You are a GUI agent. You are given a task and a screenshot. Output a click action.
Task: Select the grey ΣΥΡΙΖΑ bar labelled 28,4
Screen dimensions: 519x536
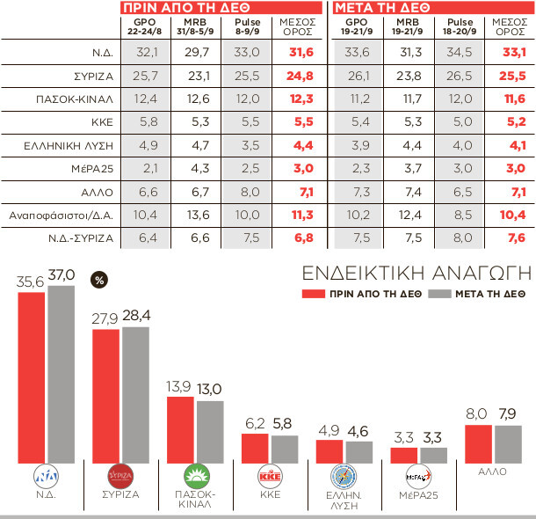pos(136,392)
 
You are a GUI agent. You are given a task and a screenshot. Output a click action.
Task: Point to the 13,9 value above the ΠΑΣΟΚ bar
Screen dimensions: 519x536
pos(180,388)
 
